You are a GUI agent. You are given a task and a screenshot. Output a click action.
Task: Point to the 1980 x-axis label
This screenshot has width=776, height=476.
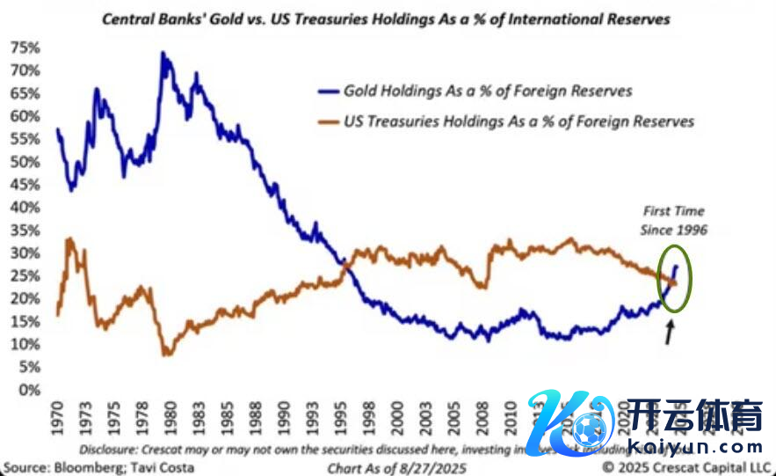click(169, 418)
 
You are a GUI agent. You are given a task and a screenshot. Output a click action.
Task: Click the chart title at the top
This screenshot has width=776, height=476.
click(387, 18)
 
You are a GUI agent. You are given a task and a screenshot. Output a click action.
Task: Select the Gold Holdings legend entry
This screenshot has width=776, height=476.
click(487, 91)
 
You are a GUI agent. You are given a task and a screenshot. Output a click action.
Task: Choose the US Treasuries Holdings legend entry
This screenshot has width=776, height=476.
click(519, 121)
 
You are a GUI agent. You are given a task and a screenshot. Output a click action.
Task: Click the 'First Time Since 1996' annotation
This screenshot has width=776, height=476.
click(672, 219)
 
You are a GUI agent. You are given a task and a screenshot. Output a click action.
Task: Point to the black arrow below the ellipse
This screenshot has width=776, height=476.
click(670, 333)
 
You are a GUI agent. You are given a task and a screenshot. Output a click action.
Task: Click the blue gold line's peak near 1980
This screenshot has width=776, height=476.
click(163, 54)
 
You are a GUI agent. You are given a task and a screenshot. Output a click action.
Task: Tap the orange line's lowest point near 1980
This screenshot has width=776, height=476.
click(167, 354)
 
